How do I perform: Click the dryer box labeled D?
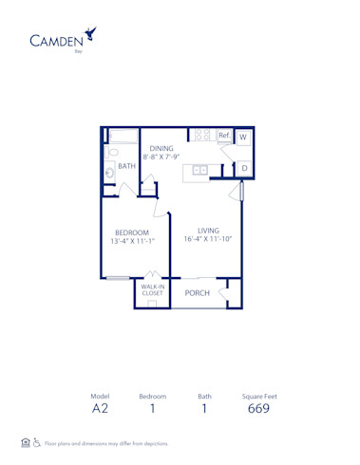coord(243,168)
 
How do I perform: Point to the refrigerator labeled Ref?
coord(224,137)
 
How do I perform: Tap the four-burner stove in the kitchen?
coord(201,137)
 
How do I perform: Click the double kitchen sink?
coord(200,171)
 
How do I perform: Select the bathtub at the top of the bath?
coord(123,135)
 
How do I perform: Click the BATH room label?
coord(126,166)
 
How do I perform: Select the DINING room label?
coord(161,148)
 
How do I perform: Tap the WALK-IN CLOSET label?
coord(152,290)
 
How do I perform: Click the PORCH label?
coord(197,293)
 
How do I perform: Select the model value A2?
coord(100,410)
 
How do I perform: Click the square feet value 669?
coord(257,410)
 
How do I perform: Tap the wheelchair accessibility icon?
coord(37,442)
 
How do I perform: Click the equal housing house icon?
coord(25,442)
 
